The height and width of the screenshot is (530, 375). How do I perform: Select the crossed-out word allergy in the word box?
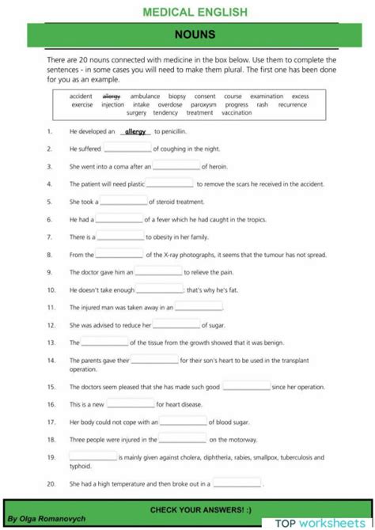pos(112,97)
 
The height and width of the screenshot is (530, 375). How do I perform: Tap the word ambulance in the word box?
pos(145,97)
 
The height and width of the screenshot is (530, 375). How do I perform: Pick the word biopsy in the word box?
pos(177,97)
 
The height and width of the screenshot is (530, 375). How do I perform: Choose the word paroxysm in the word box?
pos(203,104)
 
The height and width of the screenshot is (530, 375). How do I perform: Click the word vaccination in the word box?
pos(237,112)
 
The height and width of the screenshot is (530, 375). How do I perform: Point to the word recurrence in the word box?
pos(292,104)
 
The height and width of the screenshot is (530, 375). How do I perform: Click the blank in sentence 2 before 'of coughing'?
pos(127,150)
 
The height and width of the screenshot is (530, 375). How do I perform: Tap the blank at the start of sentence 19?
pos(93,458)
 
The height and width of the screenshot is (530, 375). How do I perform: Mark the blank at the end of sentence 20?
pos(237,483)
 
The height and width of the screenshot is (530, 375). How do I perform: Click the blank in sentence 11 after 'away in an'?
pos(199,308)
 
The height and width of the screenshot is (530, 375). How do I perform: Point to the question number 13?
pos(51,343)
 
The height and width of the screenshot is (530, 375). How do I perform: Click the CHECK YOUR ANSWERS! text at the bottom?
pos(200,509)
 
